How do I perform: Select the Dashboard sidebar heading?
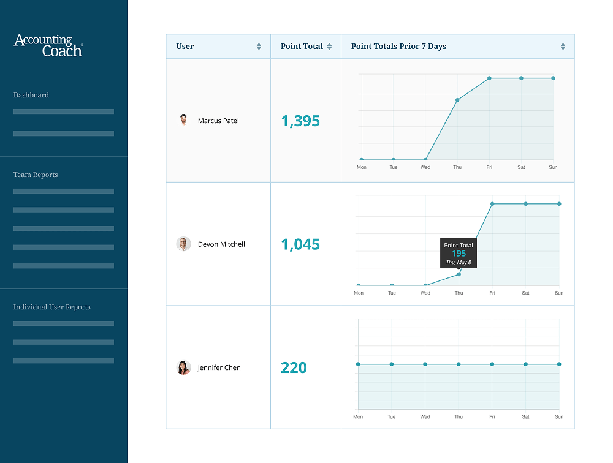[x=31, y=95]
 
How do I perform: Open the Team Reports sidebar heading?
[x=36, y=175]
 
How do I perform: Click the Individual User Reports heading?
[x=52, y=307]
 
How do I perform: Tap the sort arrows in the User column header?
[x=259, y=47]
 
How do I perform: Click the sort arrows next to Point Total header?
[x=329, y=47]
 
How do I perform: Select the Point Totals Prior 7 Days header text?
[x=398, y=47]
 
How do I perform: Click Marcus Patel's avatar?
[x=183, y=120]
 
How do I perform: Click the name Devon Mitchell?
[x=221, y=244]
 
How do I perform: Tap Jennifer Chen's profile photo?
[x=183, y=367]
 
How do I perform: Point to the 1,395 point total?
[x=300, y=121]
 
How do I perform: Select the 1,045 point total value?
[x=300, y=244]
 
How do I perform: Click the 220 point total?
[x=294, y=367]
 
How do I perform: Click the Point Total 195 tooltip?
[x=459, y=253]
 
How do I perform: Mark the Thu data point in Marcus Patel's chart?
[x=457, y=100]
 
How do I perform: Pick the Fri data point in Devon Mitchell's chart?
[x=492, y=204]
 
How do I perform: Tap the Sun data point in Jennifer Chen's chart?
[x=559, y=364]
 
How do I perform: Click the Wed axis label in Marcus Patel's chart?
[x=425, y=167]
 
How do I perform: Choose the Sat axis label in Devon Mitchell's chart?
[x=525, y=293]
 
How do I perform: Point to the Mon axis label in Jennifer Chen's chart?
[x=358, y=417]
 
